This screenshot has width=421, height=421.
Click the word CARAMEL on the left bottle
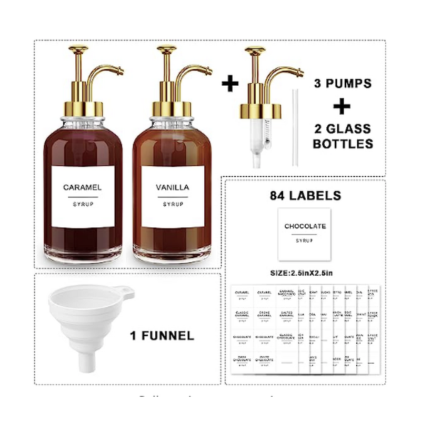click(83, 187)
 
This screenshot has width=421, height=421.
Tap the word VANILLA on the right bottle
click(173, 187)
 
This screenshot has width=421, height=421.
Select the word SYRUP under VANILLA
click(173, 204)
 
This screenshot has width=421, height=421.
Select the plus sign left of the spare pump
click(230, 84)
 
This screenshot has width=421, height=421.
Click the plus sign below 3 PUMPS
click(342, 107)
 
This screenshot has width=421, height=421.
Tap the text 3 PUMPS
click(343, 84)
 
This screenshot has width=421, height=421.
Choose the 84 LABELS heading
click(305, 196)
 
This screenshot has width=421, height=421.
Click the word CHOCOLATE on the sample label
click(305, 226)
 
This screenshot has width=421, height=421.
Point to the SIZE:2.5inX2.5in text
click(305, 273)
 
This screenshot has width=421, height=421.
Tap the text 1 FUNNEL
click(161, 335)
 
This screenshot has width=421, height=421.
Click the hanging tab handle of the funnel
click(125, 291)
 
